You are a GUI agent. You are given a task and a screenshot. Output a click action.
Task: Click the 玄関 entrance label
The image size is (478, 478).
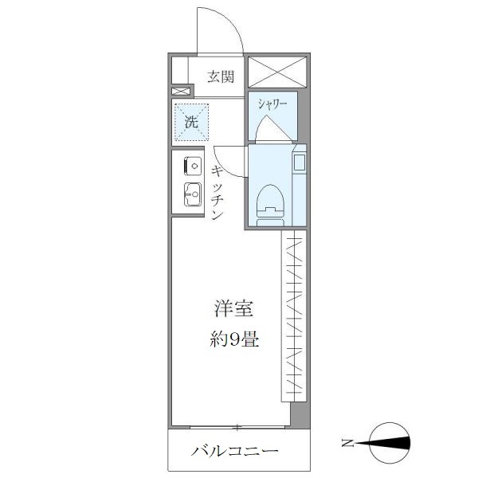tap(221, 77)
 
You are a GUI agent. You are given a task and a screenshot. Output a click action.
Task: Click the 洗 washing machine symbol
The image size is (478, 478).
tap(191, 122)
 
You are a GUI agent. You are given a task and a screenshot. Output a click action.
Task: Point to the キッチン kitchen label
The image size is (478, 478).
tap(217, 192)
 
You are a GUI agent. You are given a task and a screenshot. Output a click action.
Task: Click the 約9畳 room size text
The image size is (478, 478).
tap(233, 340)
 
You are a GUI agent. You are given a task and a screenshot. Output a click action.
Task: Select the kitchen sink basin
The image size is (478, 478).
tap(192, 194)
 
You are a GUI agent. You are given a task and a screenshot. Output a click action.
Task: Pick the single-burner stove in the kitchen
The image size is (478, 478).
tap(192, 166)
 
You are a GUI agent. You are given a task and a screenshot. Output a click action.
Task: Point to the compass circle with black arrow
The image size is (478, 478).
tap(391, 442)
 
